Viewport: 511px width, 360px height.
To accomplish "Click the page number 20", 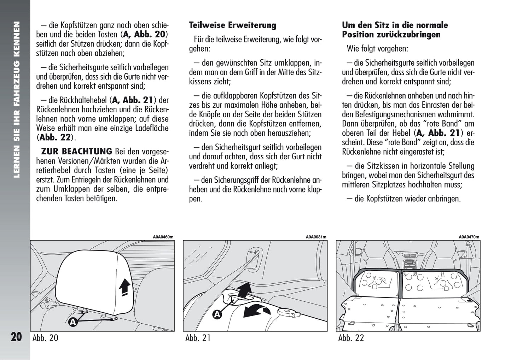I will (x=16, y=337).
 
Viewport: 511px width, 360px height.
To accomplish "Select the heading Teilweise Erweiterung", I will (x=232, y=25).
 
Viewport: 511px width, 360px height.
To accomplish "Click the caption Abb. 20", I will (x=45, y=338).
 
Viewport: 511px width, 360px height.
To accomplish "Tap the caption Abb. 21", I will (x=198, y=338).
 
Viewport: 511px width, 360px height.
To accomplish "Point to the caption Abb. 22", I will (x=351, y=338).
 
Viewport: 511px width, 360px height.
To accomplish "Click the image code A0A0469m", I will (x=163, y=237).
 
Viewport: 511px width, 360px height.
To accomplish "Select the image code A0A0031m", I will (x=316, y=237).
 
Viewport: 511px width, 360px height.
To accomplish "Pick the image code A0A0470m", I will (x=469, y=237).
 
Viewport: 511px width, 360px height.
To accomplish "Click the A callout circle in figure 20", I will (x=73, y=322).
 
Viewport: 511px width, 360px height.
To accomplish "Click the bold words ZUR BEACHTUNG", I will (x=76, y=152).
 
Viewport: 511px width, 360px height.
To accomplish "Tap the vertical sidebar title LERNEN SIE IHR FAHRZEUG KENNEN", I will (x=15, y=99).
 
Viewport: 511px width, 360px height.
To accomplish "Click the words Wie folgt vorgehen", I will (x=377, y=49).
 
